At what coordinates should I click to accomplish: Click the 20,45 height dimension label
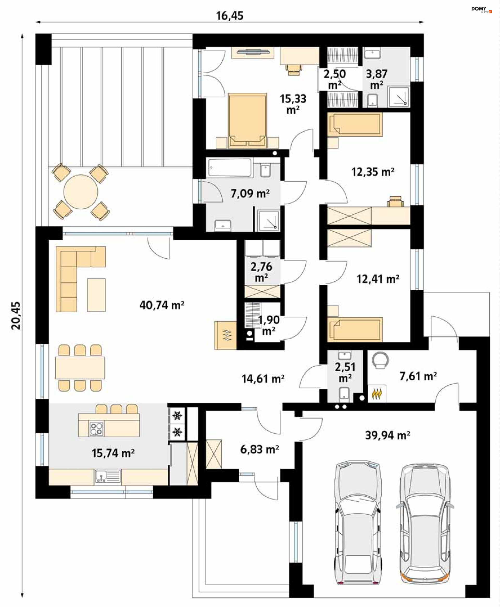point(16,315)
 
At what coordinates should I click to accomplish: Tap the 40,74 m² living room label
point(162,305)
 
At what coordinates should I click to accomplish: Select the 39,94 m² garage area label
point(388,435)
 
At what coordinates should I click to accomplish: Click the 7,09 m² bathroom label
point(250,193)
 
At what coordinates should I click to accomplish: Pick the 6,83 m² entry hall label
point(259,449)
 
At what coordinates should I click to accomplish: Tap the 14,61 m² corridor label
point(263,379)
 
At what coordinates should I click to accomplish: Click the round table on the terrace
point(81,191)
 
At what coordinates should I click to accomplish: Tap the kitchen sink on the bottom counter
point(108,476)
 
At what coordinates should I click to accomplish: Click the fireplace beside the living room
point(226,335)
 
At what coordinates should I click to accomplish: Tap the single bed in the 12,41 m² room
point(355,329)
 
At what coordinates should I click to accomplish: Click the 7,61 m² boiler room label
point(418,376)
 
